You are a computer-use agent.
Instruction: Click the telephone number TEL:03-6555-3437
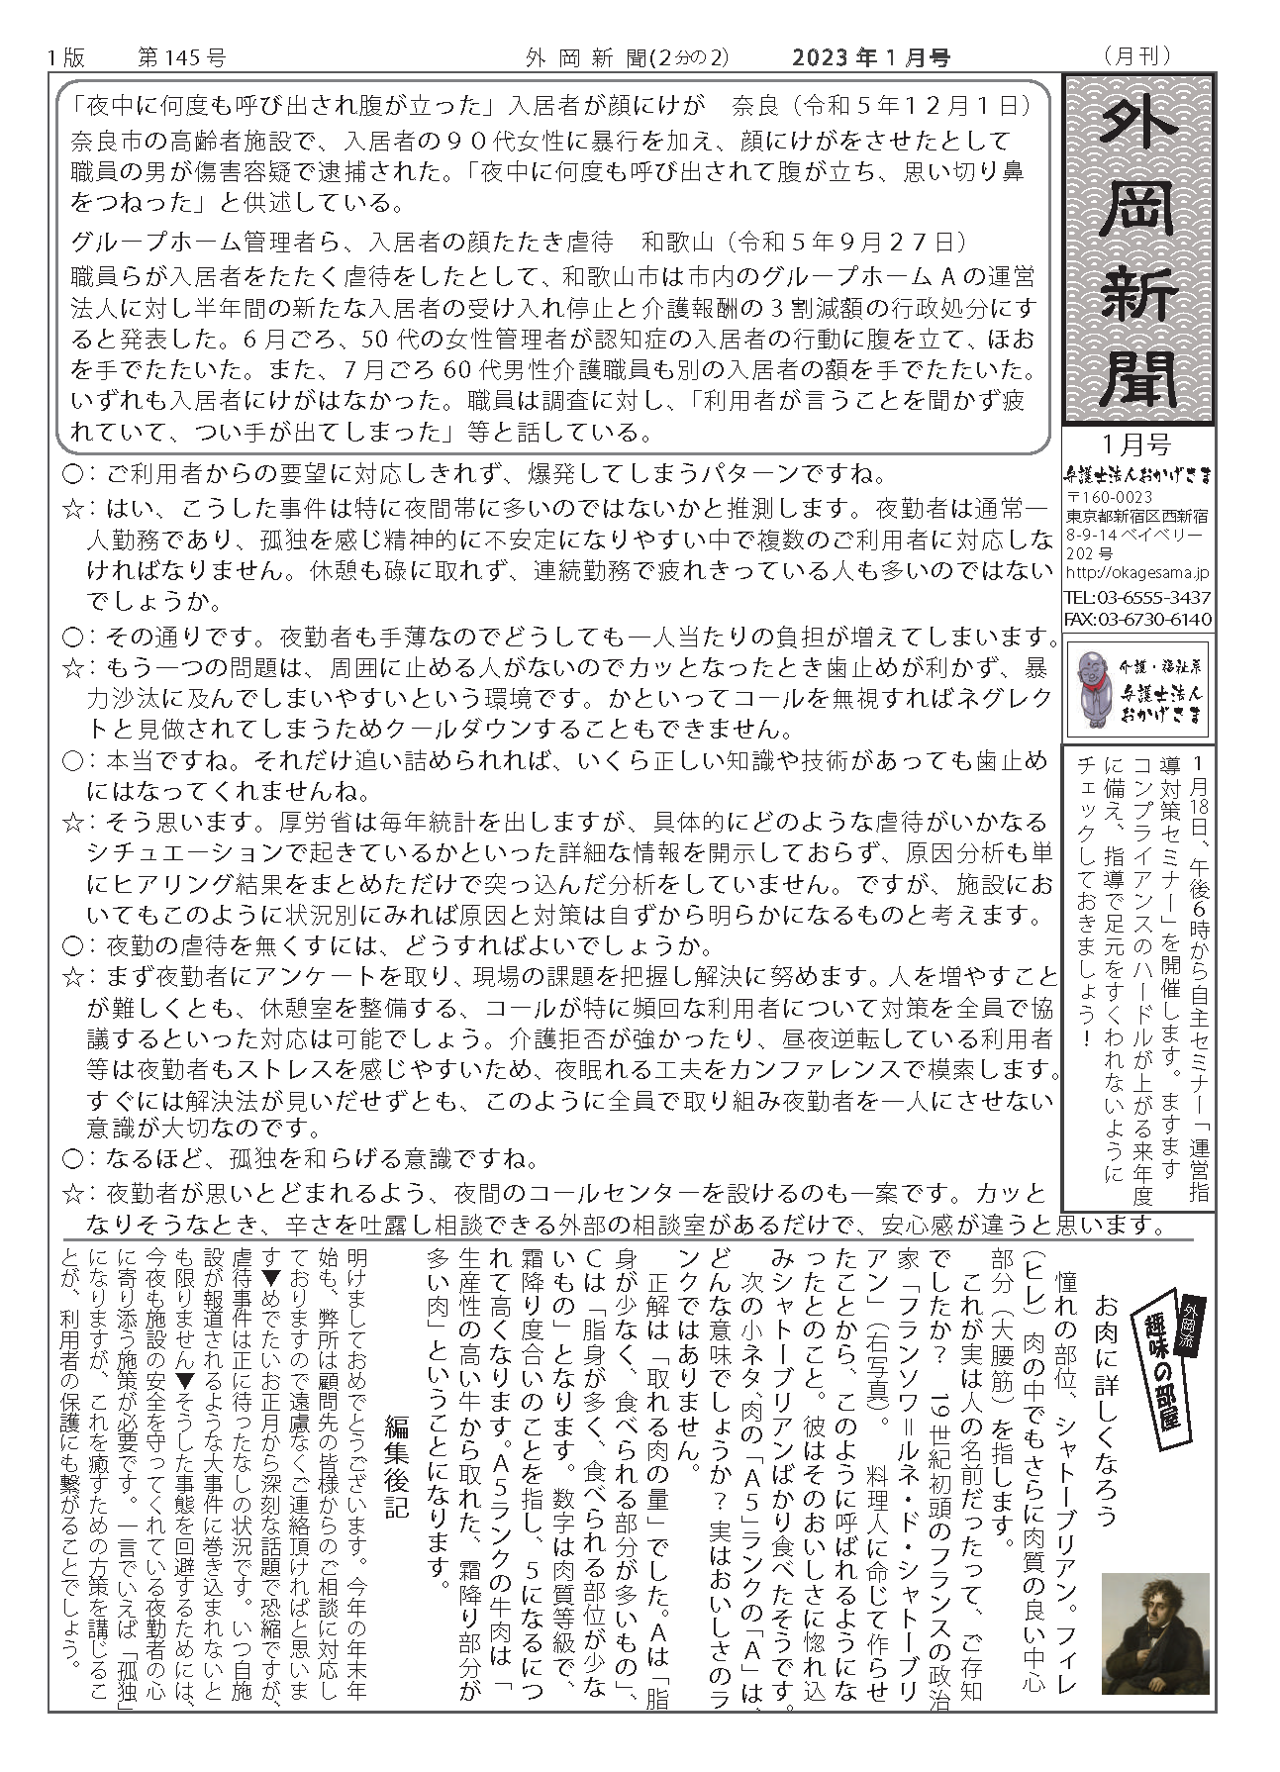[x=1137, y=598]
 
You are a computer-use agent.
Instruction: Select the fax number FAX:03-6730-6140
[x=1137, y=619]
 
